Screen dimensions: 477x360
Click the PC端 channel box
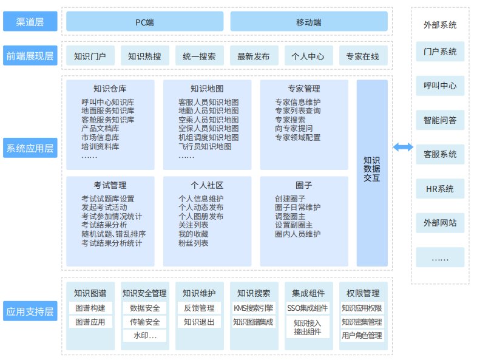(x=145, y=21)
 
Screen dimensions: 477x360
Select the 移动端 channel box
(x=309, y=21)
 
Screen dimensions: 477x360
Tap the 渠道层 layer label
(x=30, y=21)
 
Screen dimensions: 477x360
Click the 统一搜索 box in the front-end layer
(x=200, y=56)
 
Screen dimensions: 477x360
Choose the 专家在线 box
(x=364, y=56)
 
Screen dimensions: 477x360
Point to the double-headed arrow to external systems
(x=403, y=148)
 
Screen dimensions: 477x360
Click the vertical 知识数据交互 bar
(x=372, y=173)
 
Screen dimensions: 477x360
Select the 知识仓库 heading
(x=110, y=89)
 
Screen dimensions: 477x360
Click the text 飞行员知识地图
(x=205, y=147)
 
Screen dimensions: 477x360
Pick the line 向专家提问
(x=294, y=129)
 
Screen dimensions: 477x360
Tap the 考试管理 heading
(x=110, y=185)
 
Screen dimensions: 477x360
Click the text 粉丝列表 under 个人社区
(x=193, y=243)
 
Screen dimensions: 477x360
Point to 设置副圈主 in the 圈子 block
(x=294, y=225)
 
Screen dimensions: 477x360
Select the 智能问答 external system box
(x=440, y=120)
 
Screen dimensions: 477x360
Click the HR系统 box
(x=440, y=189)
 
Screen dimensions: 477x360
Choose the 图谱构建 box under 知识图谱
(x=90, y=308)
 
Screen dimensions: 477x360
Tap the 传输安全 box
(x=145, y=322)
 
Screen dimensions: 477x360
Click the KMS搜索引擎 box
(x=254, y=308)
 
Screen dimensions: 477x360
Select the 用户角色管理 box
(x=362, y=335)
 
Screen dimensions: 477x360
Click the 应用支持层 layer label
(x=30, y=311)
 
